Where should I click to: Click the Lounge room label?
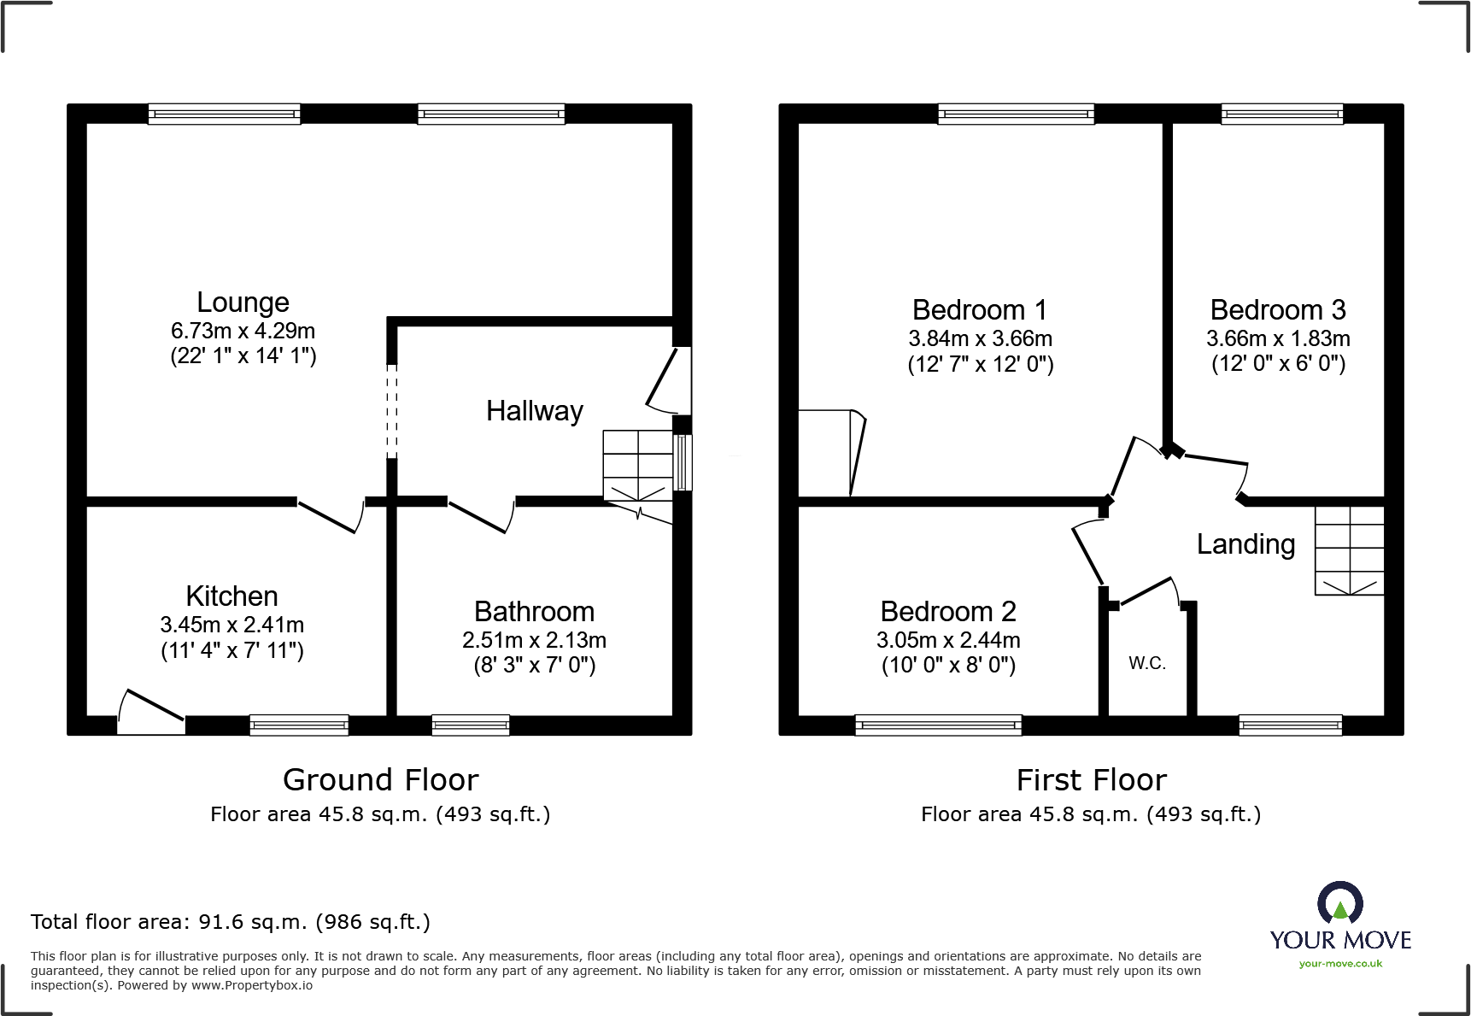pos(243,302)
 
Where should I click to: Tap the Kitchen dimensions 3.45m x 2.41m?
pos(231,625)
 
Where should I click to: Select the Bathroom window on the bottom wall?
pos(471,725)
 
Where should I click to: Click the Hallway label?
pos(534,411)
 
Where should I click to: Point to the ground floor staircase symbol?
pos(637,466)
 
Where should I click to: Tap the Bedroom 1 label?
pos(979,309)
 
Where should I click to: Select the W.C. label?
pos(1146,663)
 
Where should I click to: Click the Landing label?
pos(1245,544)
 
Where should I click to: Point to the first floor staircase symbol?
pos(1348,549)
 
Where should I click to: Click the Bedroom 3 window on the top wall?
pos(1281,115)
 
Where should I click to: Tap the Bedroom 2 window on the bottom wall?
pos(938,725)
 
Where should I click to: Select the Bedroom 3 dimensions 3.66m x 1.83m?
pos(1278,338)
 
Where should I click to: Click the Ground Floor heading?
pos(380,780)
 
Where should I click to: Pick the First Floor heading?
pos(1091,780)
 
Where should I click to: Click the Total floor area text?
pos(230,922)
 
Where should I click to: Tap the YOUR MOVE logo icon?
pos(1339,902)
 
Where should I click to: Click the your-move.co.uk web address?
pos(1339,964)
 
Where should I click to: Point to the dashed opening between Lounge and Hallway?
pos(392,410)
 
